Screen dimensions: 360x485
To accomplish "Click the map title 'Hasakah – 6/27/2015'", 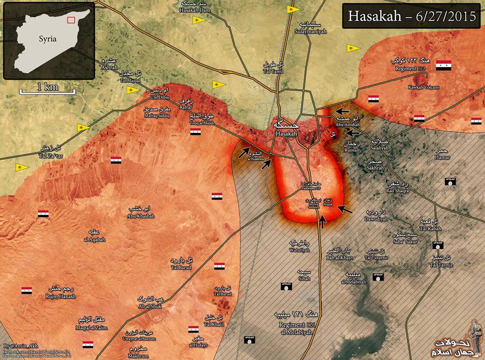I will click(412, 16).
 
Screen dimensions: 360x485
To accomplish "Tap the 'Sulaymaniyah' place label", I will click(313, 31).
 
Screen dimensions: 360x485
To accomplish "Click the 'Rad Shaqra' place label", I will click(397, 190).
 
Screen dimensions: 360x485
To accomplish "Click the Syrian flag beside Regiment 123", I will click(443, 65).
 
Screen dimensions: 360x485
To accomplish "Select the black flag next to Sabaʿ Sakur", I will click(438, 245).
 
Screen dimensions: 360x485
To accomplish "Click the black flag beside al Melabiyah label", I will click(377, 278).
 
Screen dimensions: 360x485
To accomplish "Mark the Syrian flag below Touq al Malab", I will click(196, 132).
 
